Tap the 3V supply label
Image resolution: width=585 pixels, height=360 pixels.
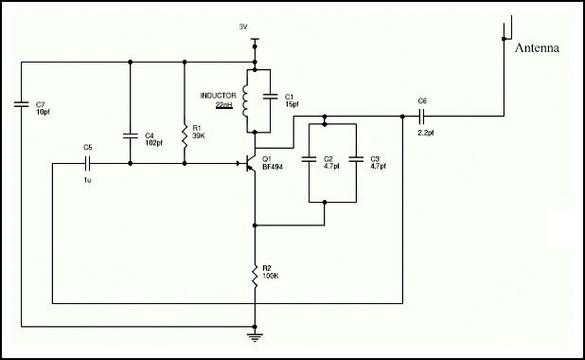243,27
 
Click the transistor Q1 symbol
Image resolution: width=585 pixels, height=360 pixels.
250,163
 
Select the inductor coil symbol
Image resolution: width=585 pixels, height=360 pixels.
247,99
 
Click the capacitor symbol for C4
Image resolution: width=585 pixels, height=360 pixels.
131,135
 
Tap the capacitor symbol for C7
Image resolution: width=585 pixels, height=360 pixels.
20,102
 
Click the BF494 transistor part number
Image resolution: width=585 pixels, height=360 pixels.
273,167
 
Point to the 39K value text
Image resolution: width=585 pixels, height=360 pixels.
199,135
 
